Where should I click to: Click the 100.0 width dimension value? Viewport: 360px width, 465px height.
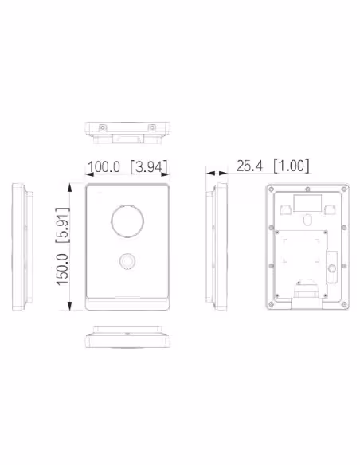coord(104,166)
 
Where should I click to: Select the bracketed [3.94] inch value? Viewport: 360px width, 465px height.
coord(149,166)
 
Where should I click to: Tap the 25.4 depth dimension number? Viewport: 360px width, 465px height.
coord(249,166)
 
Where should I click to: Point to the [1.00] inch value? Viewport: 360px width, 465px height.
coord(292,166)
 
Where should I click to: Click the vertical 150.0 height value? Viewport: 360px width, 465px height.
coord(62,270)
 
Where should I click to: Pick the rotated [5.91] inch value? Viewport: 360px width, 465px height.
coord(62,225)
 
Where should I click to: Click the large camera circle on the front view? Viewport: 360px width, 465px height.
coord(127,221)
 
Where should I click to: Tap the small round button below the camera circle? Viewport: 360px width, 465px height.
coord(127,261)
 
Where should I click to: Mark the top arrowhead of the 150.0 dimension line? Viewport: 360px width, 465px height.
coord(69,188)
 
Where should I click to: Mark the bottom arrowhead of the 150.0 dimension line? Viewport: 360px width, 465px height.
coord(69,306)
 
